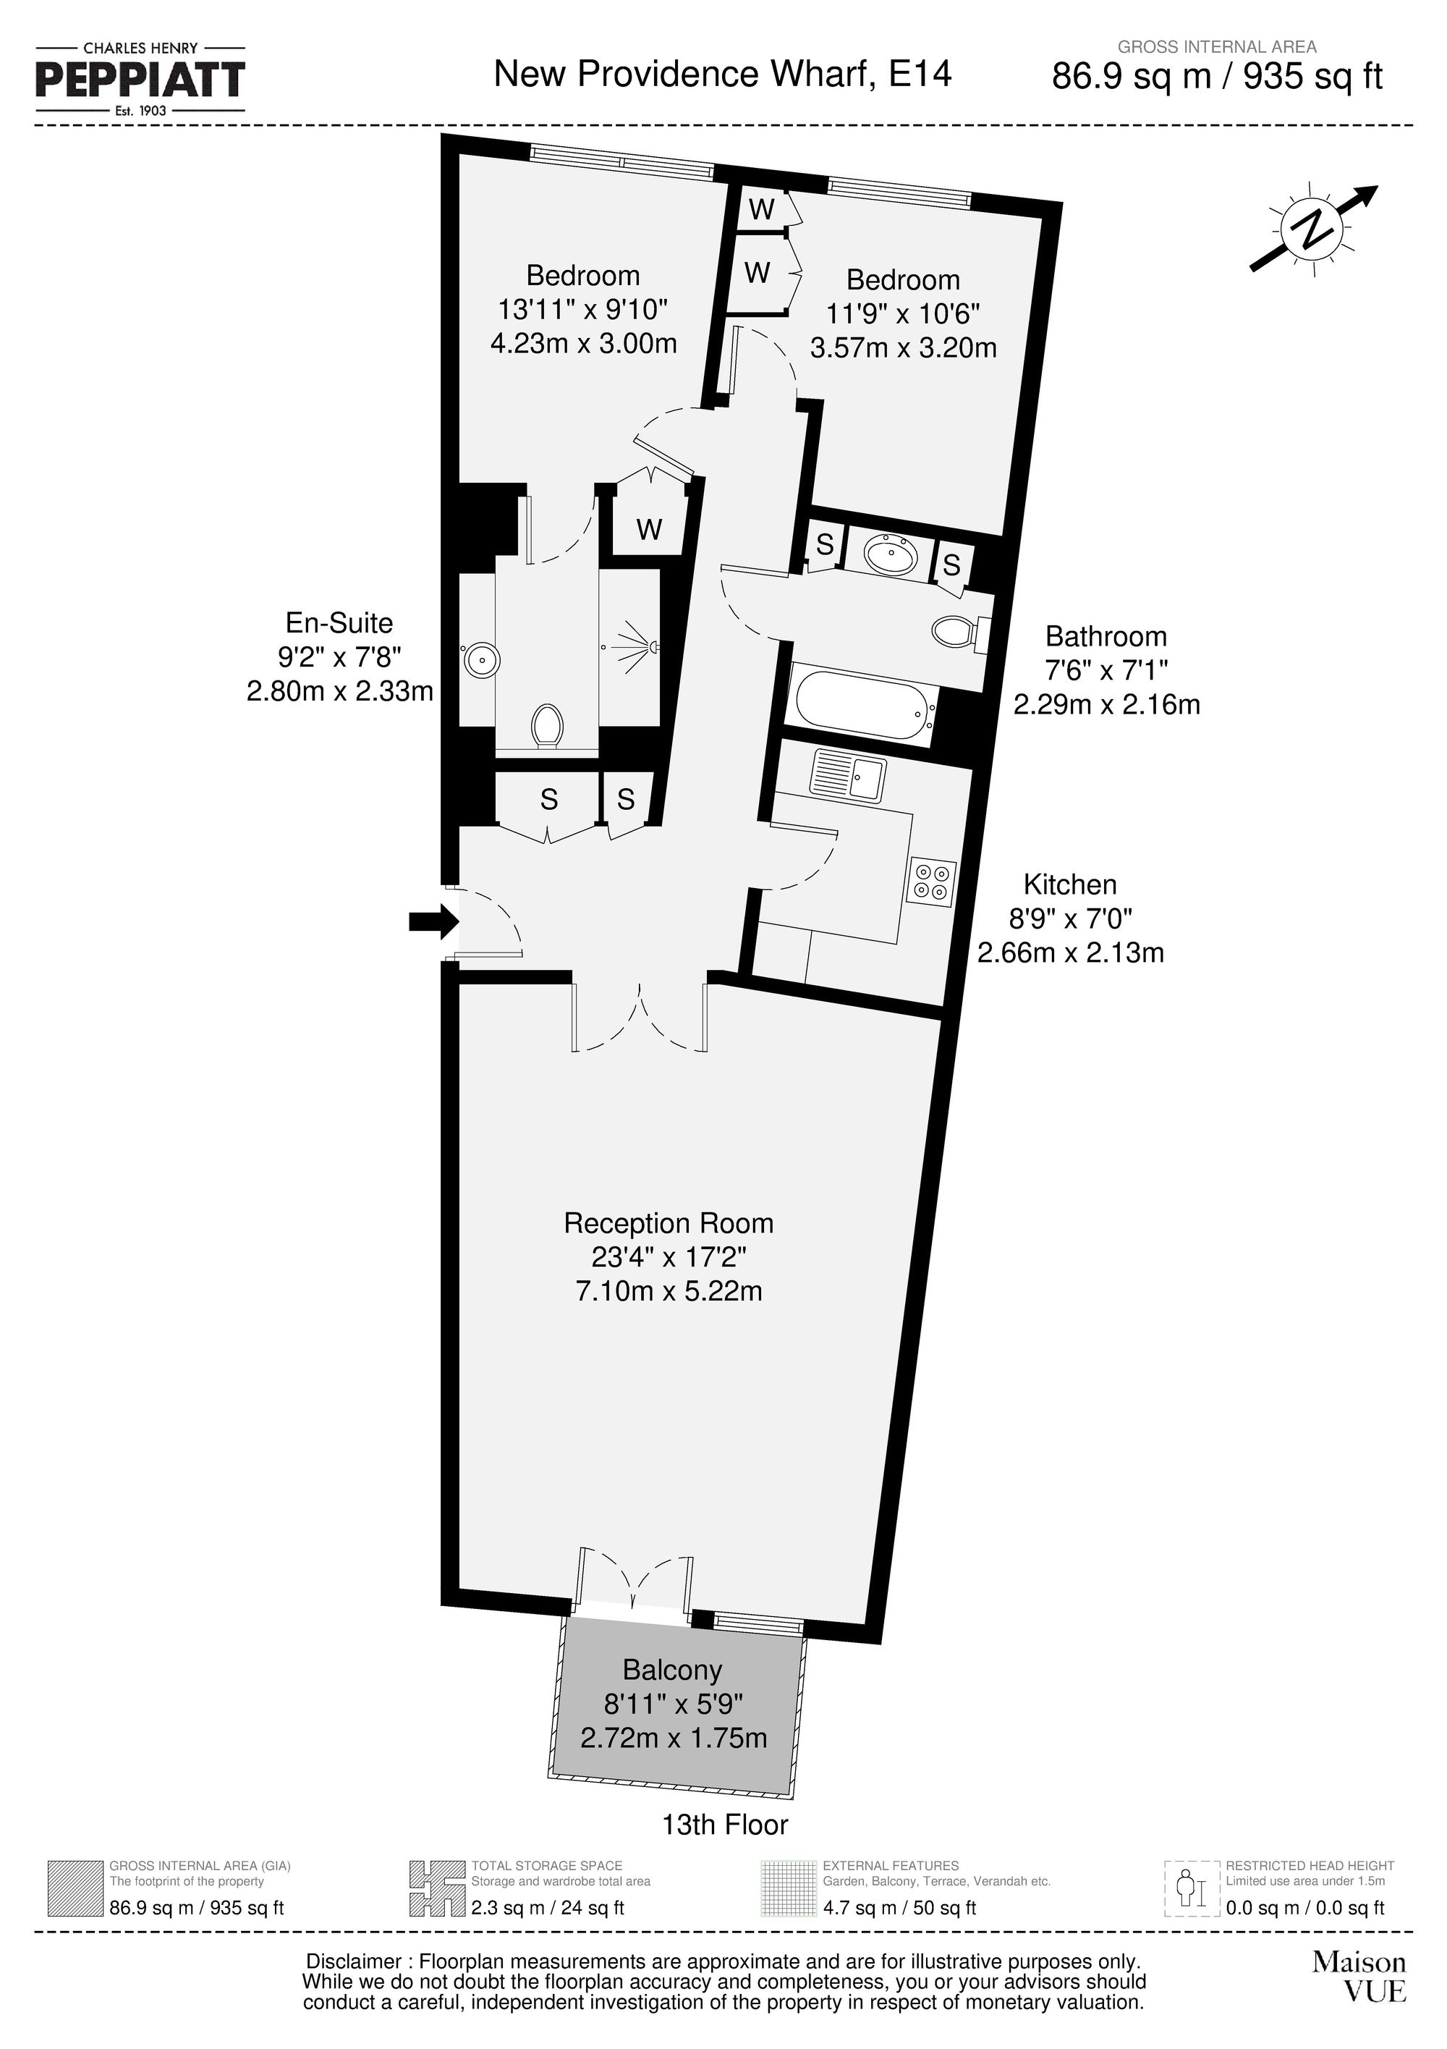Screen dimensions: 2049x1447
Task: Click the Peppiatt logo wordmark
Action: pyautogui.click(x=140, y=80)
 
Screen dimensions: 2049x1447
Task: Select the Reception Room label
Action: pyautogui.click(x=669, y=1222)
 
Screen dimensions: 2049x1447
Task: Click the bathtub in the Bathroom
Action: pyautogui.click(x=862, y=707)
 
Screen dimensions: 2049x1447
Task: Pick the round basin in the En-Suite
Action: pyautogui.click(x=482, y=659)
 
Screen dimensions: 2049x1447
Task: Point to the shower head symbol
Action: pyautogui.click(x=644, y=645)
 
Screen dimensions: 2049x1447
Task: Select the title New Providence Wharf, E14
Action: pyautogui.click(x=723, y=73)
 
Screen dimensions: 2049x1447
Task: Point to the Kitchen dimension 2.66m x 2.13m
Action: pyautogui.click(x=1071, y=953)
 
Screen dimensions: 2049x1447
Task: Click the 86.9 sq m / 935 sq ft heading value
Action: pyautogui.click(x=1217, y=77)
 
